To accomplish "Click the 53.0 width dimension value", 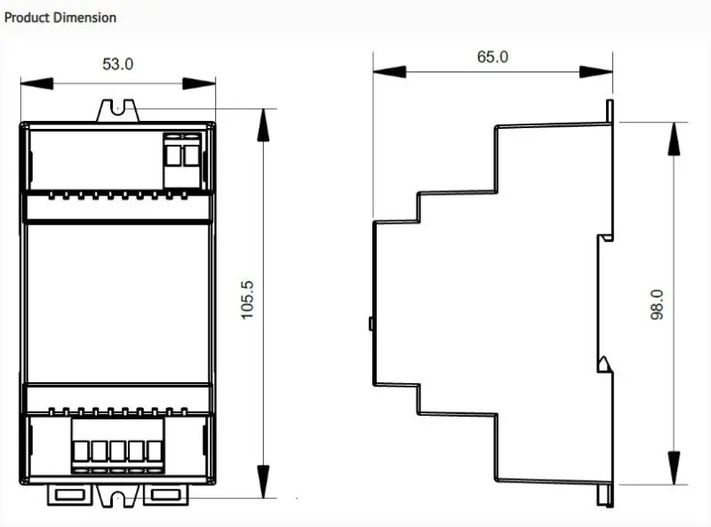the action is tap(118, 64).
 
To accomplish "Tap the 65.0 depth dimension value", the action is tap(492, 57).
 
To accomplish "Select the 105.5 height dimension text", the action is tap(247, 299).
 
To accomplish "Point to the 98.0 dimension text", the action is tap(657, 305).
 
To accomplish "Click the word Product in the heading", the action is tap(27, 18).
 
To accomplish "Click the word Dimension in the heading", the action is tap(84, 18).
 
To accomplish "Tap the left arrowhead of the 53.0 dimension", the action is tap(37, 84).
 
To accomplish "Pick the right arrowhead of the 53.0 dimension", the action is tap(199, 84).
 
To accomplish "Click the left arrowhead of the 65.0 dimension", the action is tap(389, 72).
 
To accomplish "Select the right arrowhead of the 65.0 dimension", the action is tap(596, 72).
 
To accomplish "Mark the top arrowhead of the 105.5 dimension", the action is tap(263, 125).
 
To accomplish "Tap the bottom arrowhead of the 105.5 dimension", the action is tap(263, 482).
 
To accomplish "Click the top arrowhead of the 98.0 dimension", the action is tap(674, 139).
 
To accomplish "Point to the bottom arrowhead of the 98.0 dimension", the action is tap(674, 468).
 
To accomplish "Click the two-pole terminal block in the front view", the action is tap(182, 160).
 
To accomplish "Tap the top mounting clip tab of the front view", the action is tap(117, 111).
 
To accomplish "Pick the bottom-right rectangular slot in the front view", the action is tap(166, 494).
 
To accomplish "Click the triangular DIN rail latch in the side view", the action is tap(604, 364).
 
